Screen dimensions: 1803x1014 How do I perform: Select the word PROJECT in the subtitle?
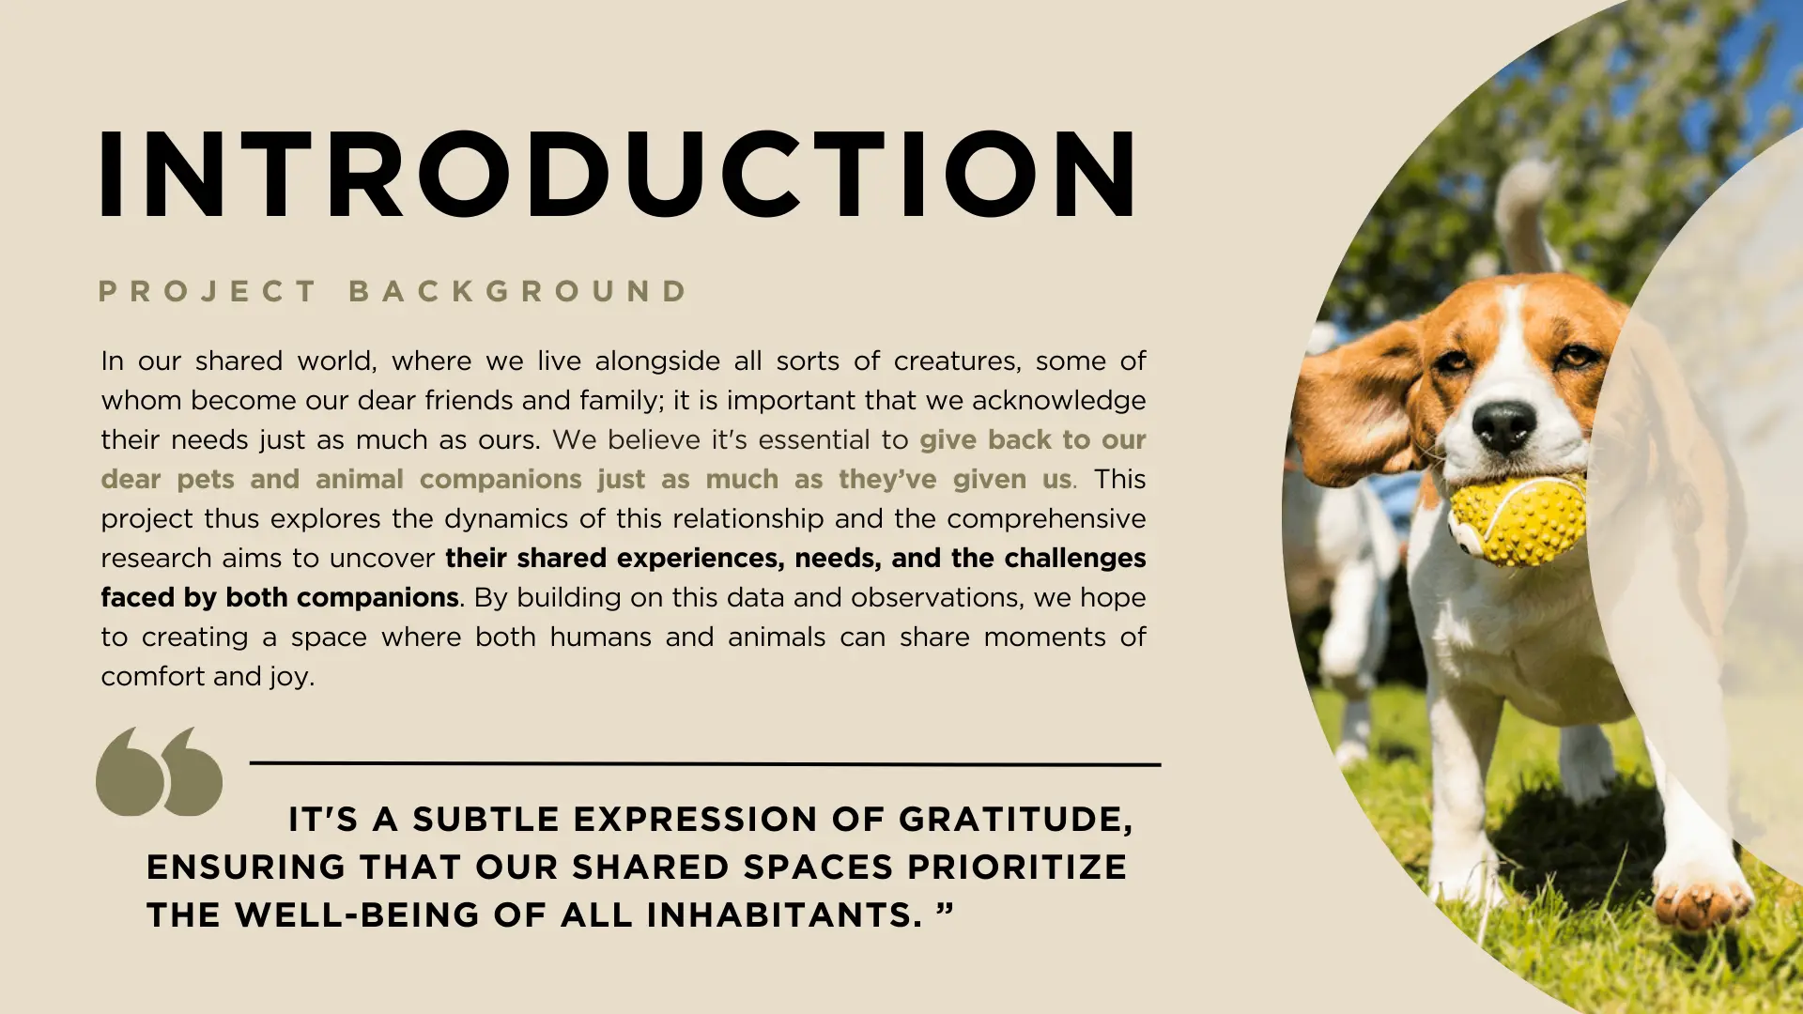208,291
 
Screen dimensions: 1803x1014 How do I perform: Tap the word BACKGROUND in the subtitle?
518,291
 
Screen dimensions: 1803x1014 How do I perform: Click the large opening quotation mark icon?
159,771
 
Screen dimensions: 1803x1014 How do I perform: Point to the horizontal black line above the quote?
705,764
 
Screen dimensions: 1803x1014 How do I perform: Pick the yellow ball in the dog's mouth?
1516,521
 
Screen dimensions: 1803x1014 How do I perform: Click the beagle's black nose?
1503,425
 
